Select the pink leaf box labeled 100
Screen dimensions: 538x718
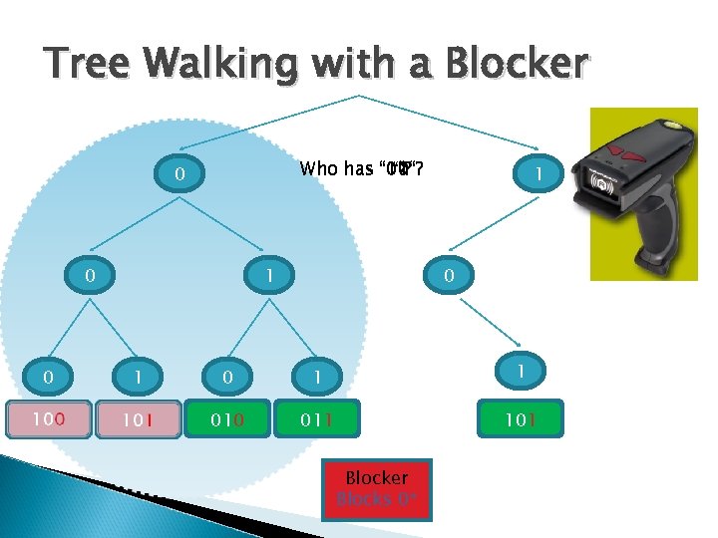48,419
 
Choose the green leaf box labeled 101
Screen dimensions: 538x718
519,419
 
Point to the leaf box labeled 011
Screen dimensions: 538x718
316,419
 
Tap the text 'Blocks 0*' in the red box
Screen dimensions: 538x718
376,499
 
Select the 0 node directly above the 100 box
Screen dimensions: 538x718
48,377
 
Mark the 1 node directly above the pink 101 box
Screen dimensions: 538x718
139,377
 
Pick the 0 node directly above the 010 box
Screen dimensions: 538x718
227,377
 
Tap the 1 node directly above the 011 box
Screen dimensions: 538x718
317,377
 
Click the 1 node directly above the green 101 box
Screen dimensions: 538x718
519,370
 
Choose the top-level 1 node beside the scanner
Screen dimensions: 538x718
538,174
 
